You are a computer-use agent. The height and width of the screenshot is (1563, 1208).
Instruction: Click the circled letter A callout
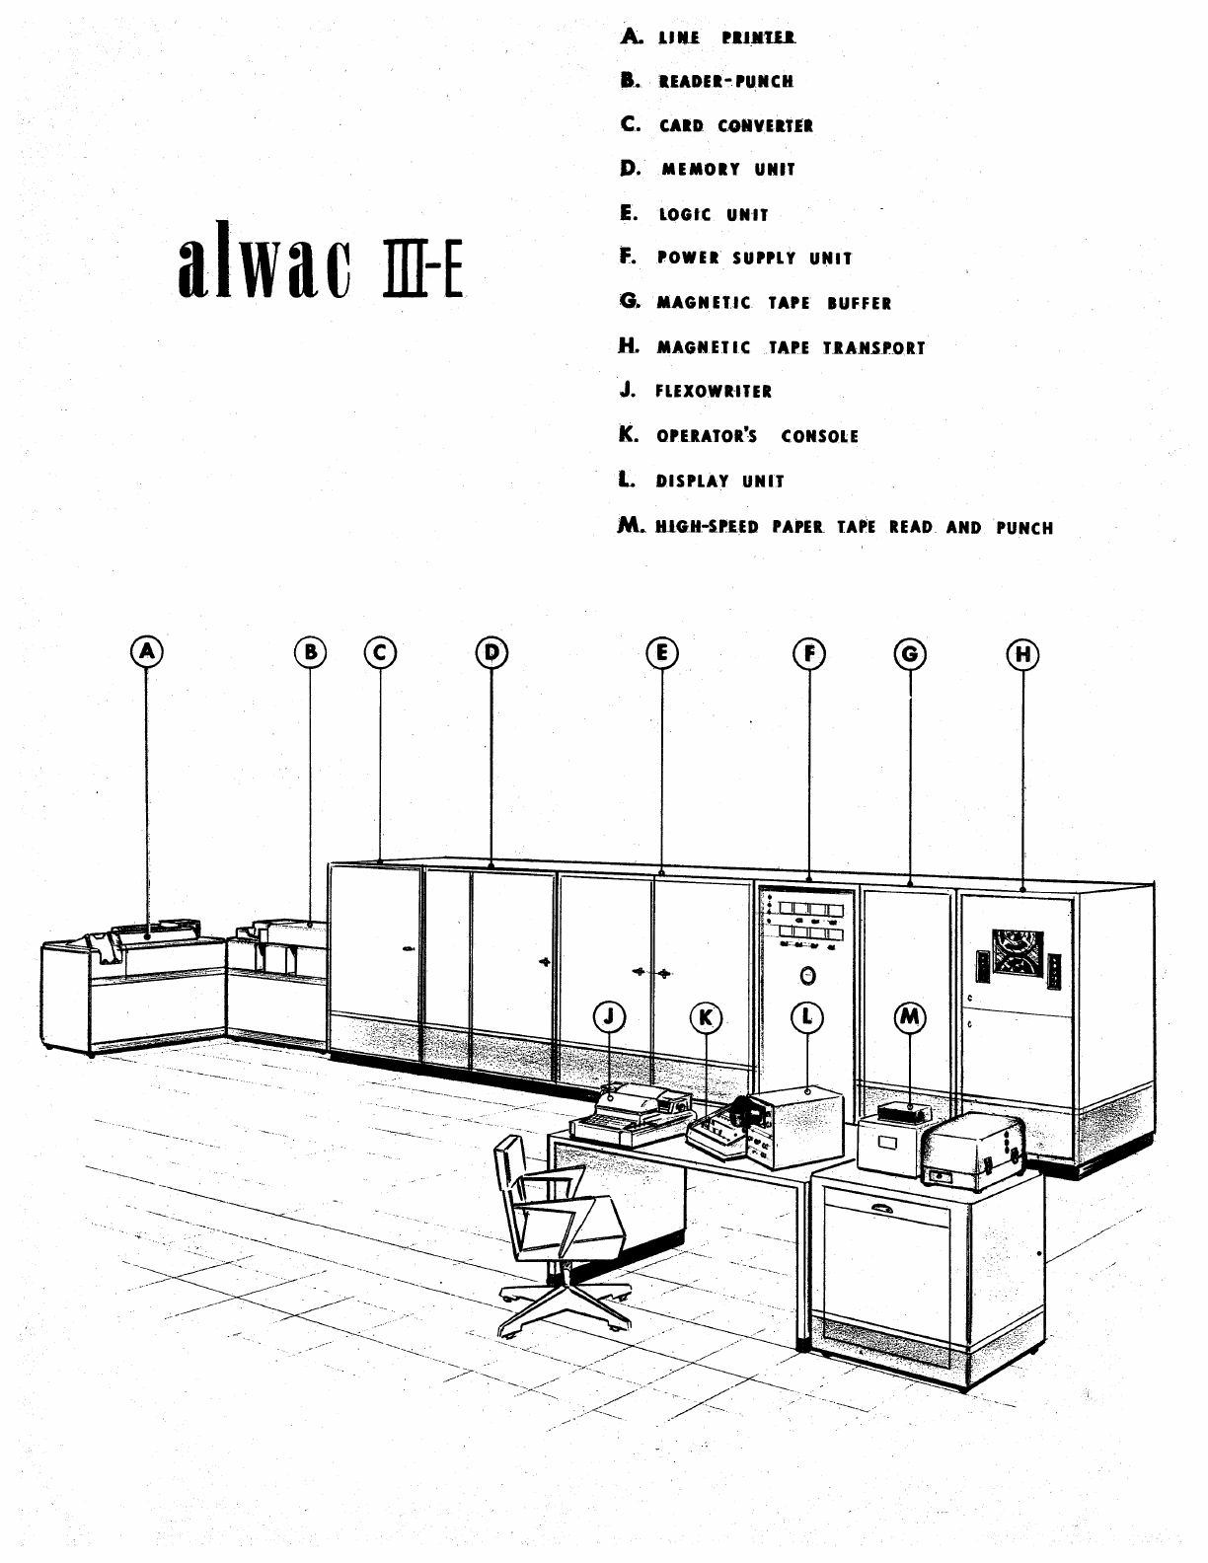[147, 651]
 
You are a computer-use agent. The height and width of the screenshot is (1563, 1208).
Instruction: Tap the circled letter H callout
[1022, 653]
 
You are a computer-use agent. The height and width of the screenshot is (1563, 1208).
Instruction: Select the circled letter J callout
[611, 1016]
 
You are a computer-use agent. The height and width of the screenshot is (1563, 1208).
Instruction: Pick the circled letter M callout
[910, 1016]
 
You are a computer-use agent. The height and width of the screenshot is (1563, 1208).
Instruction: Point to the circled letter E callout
[661, 652]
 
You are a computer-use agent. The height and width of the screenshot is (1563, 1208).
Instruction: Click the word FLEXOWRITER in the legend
[714, 392]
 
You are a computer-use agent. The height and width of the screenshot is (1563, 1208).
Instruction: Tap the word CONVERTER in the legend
[766, 126]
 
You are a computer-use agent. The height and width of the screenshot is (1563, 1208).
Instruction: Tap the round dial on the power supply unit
[807, 976]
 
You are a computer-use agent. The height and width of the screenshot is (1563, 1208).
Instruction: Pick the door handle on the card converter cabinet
[409, 950]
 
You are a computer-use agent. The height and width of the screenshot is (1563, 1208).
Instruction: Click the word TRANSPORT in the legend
[874, 348]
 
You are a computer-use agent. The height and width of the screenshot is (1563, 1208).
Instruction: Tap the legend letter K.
[628, 435]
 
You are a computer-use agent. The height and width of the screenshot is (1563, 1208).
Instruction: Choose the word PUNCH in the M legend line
[1024, 528]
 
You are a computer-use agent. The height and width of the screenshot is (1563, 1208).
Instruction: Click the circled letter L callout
[807, 1016]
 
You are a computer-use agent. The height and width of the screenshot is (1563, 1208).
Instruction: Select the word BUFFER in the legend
[859, 304]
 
